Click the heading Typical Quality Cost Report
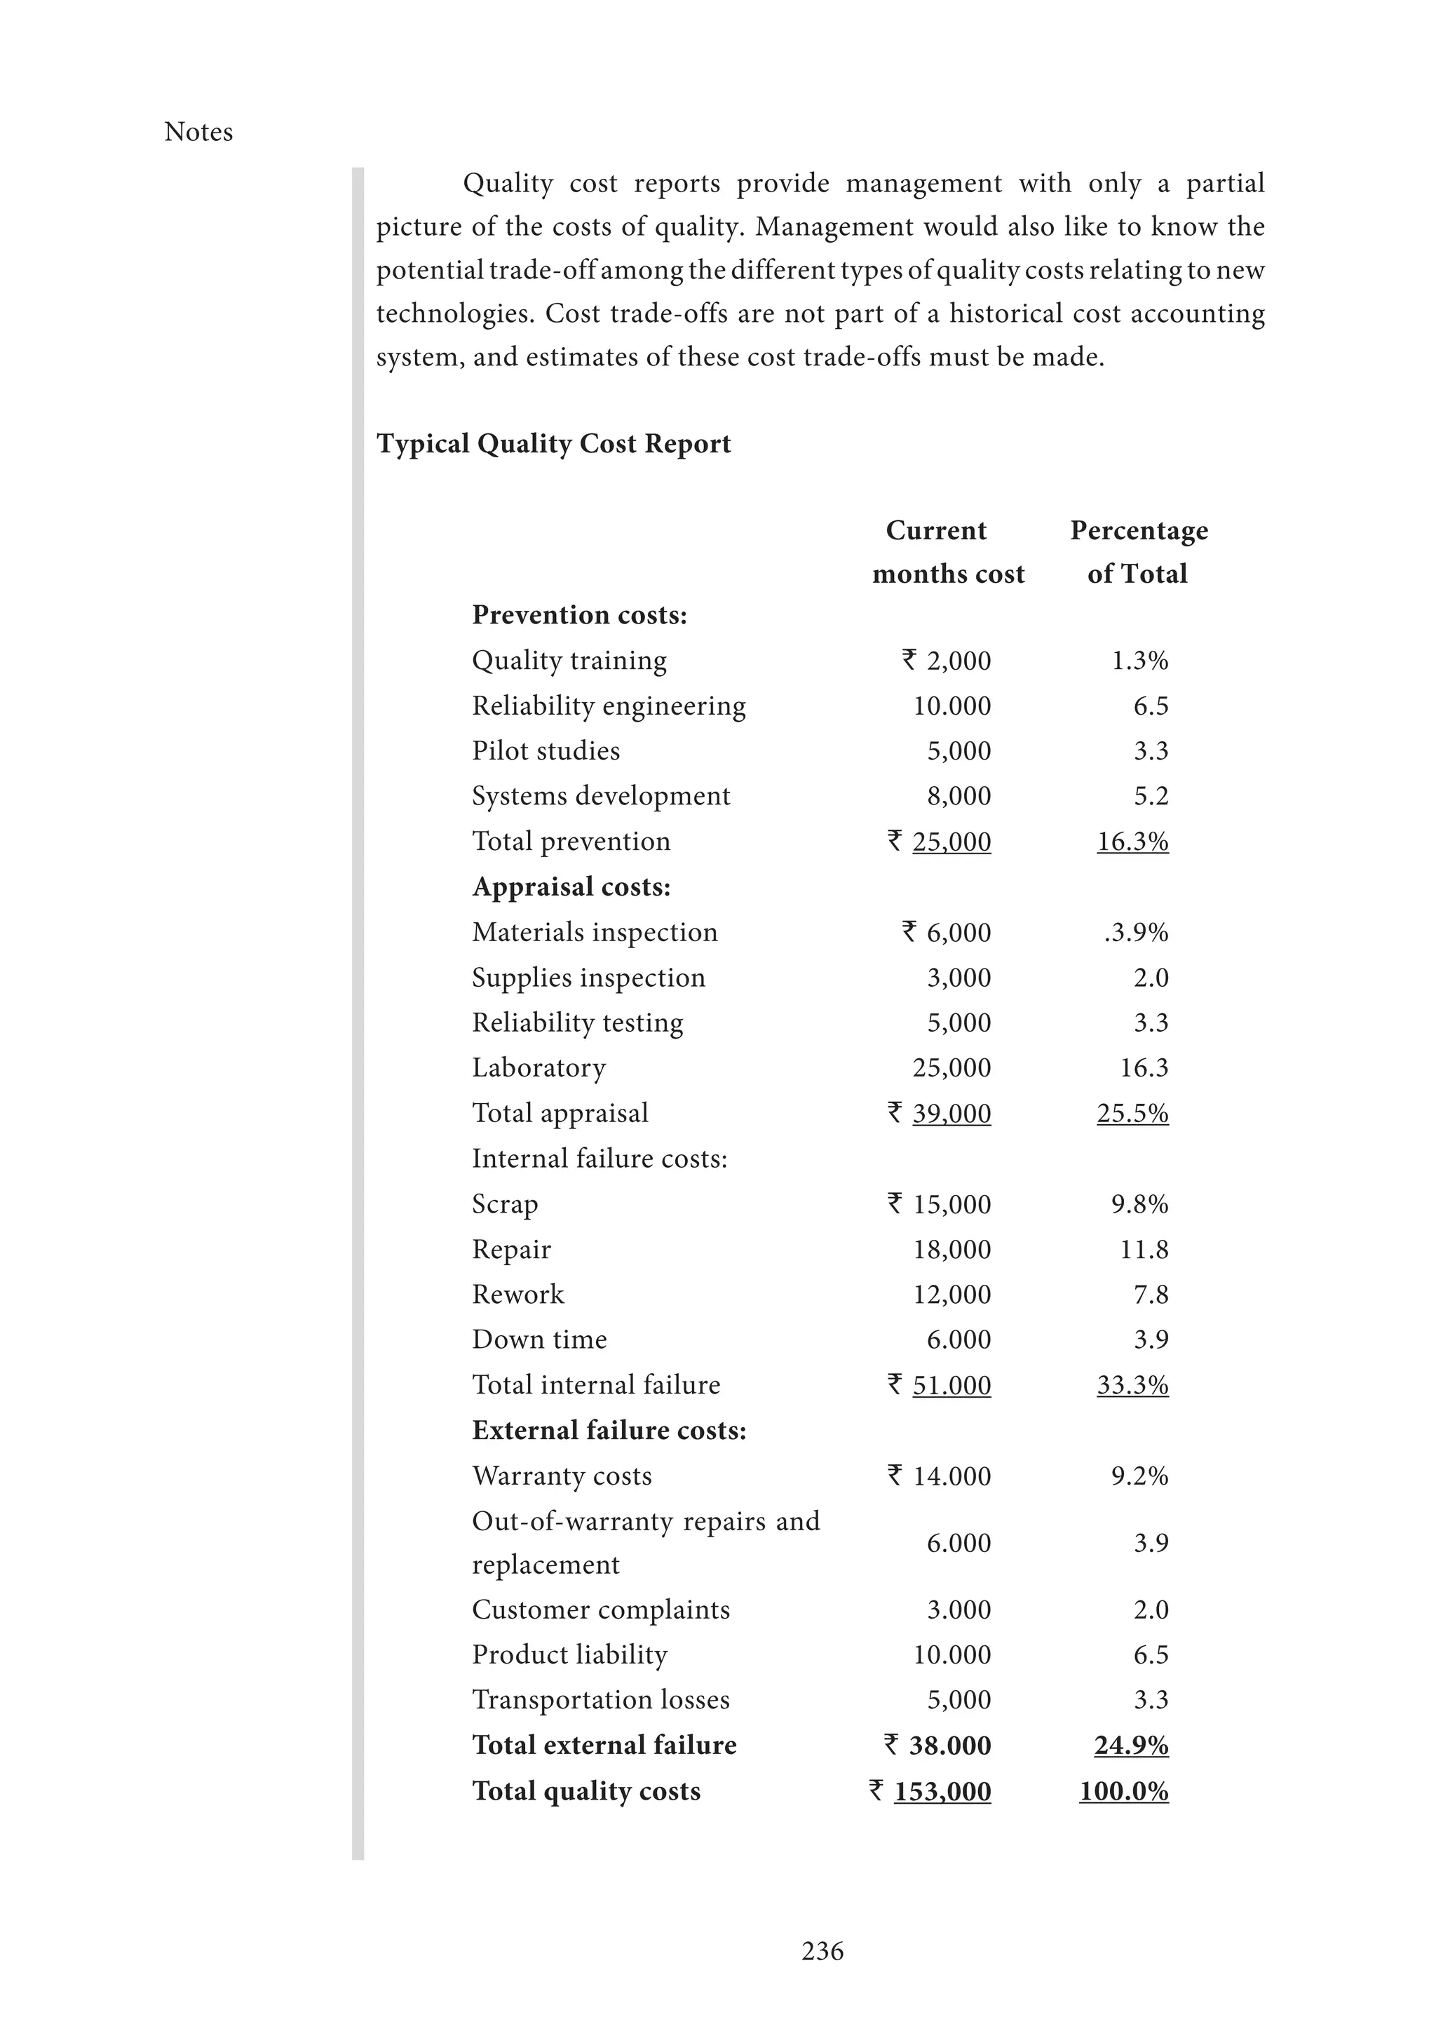[x=553, y=443]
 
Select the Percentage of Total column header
[x=1138, y=551]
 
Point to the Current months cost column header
[x=947, y=551]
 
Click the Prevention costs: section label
[x=579, y=615]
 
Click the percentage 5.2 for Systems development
[x=1151, y=796]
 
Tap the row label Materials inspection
[x=594, y=932]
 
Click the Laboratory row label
[x=538, y=1067]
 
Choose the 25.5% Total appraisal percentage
[x=1132, y=1113]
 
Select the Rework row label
[x=517, y=1294]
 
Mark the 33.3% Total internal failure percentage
[x=1132, y=1384]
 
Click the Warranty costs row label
[x=562, y=1476]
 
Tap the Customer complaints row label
[x=600, y=1609]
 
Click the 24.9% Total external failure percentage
[x=1131, y=1746]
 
